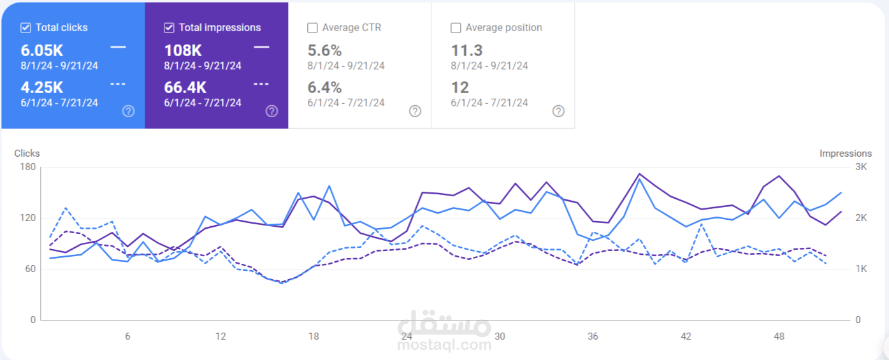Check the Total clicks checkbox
pos(25,28)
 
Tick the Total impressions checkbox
pos(169,28)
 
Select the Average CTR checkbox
pos(312,28)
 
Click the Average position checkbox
pos(456,28)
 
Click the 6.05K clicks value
pos(42,50)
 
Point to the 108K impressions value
pos(183,50)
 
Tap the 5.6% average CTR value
pos(324,50)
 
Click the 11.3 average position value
pos(466,50)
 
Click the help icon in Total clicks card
pos(128,111)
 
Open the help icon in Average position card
pos(558,111)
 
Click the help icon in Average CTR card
pos(415,111)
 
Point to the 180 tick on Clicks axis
pos(28,167)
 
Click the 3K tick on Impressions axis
pos(861,167)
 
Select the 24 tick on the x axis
pos(407,336)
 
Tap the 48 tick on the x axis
pos(779,336)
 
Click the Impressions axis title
pos(845,154)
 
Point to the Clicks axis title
pos(27,154)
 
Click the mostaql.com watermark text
pos(444,345)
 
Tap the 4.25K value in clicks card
pos(42,87)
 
